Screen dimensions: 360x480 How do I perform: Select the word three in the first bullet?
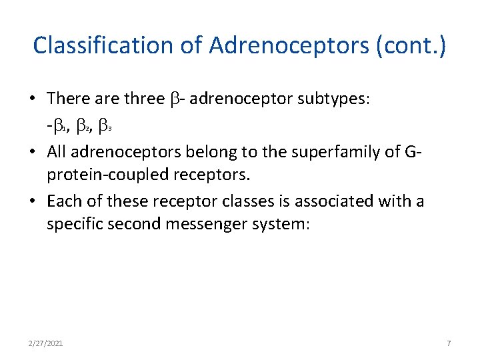[143, 99]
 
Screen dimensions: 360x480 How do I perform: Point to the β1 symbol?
[61, 123]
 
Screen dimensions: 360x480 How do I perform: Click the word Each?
[63, 201]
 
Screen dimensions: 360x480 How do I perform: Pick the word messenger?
[204, 225]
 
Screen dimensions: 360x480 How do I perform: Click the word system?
[281, 225]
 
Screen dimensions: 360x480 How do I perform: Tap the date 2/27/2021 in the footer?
[46, 343]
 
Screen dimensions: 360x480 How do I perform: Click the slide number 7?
[449, 343]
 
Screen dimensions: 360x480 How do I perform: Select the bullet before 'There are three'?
[33, 99]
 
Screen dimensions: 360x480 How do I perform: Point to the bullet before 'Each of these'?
[33, 201]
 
